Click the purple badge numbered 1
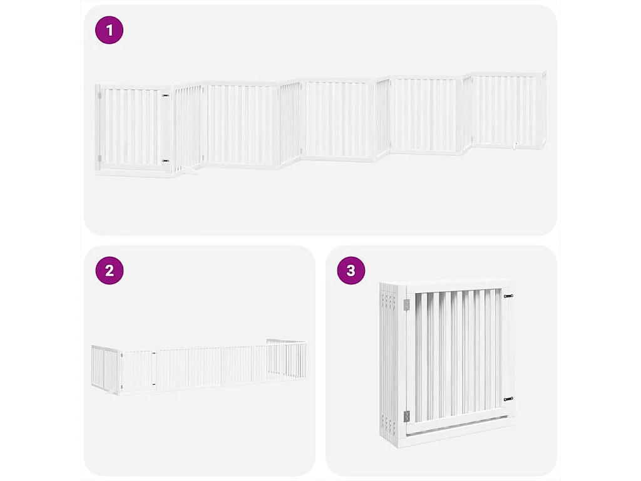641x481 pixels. [x=110, y=30]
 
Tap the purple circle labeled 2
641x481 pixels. [x=110, y=271]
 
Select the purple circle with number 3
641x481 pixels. [x=351, y=271]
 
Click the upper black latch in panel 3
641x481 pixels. [x=508, y=296]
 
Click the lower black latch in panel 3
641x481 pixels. [x=508, y=398]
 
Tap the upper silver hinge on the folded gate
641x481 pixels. [x=406, y=304]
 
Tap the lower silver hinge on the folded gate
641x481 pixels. [x=406, y=415]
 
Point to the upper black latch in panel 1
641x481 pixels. [x=165, y=96]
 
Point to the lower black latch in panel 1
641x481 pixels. [x=165, y=160]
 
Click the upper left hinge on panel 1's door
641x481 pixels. [x=99, y=96]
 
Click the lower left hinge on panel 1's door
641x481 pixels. [x=99, y=157]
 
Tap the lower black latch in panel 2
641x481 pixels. [x=153, y=384]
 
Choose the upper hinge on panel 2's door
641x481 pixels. [x=122, y=356]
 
